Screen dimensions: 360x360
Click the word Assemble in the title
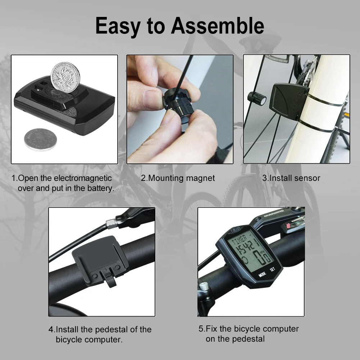tap(217, 26)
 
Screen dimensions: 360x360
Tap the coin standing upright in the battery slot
tap(65, 77)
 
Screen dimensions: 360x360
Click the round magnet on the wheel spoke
tap(256, 98)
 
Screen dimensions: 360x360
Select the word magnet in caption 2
tap(200, 178)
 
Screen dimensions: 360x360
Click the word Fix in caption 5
tap(211, 329)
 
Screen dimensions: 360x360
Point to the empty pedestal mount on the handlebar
tap(100, 259)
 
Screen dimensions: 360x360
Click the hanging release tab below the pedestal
tap(110, 278)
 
